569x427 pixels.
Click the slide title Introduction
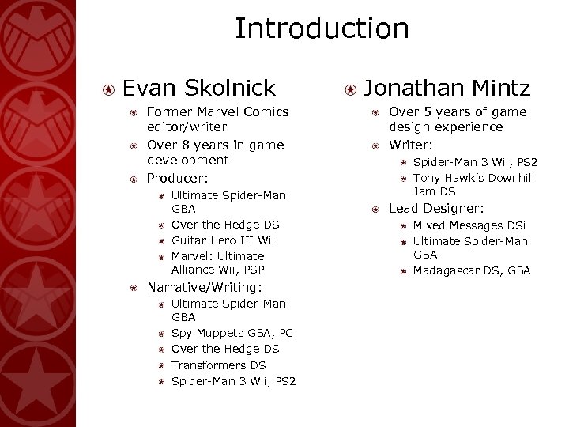pyautogui.click(x=322, y=29)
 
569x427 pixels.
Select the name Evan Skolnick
pyautogui.click(x=199, y=87)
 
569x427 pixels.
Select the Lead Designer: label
pyautogui.click(x=436, y=209)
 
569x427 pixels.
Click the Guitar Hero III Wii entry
pyautogui.click(x=223, y=240)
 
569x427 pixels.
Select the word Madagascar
pyautogui.click(x=447, y=271)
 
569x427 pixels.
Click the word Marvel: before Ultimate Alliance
pyautogui.click(x=191, y=256)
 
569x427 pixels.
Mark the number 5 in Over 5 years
pyautogui.click(x=422, y=112)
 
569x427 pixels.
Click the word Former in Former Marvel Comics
pyautogui.click(x=168, y=112)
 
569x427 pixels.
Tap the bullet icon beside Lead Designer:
pyautogui.click(x=375, y=210)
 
